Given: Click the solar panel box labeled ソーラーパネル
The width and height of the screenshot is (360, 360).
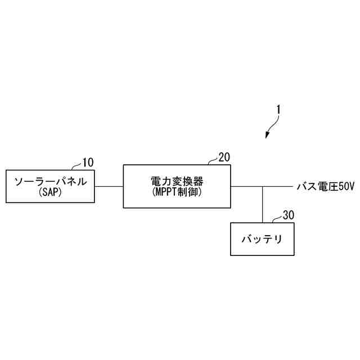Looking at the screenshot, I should coord(50,186).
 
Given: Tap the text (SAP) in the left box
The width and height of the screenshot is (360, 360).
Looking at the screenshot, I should coord(50,192).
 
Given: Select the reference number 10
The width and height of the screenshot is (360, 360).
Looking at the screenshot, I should coord(88,163).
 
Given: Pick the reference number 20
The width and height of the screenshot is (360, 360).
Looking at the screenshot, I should coord(224,157).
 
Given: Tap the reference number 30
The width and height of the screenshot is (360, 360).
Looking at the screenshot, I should coord(288,215).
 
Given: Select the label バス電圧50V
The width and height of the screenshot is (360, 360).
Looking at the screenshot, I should coord(326,186).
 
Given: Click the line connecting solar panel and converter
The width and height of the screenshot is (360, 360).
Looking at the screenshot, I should coord(109,186).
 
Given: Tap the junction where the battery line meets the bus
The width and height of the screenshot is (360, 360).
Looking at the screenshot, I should coord(263,186).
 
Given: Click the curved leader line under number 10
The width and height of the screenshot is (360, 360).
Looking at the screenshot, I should coord(77,166).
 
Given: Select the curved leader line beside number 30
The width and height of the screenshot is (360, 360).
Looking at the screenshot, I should coord(277,219).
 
